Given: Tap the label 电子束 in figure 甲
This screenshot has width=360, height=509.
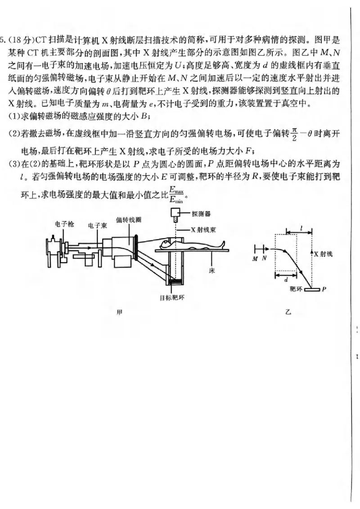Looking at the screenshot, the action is [97, 225].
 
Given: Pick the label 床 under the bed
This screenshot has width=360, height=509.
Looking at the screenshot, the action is [211, 271].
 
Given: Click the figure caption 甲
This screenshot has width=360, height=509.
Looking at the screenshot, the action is [120, 313].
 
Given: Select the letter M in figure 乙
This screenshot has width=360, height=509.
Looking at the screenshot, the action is [255, 259].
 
